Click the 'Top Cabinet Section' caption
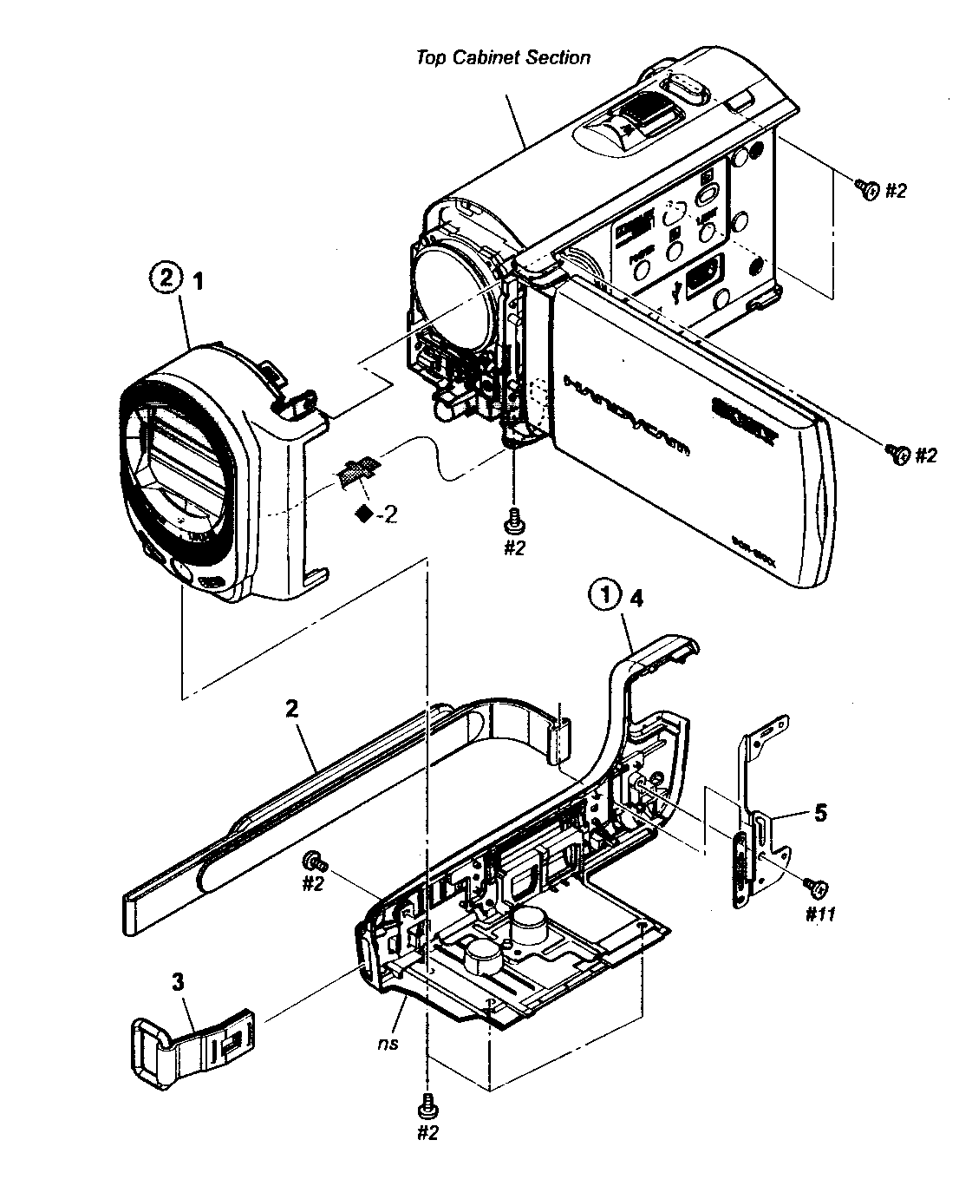pos(503,58)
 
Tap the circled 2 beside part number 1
pos(166,279)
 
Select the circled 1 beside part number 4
pos(605,596)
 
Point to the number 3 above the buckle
pos(178,981)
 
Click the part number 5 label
pos(819,813)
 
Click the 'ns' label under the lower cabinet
pos(388,1043)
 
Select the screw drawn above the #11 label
pos(816,886)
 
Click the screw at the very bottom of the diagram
pos(426,1104)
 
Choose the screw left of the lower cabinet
pos(313,862)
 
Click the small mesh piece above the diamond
pos(356,472)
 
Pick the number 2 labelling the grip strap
pos(291,709)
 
